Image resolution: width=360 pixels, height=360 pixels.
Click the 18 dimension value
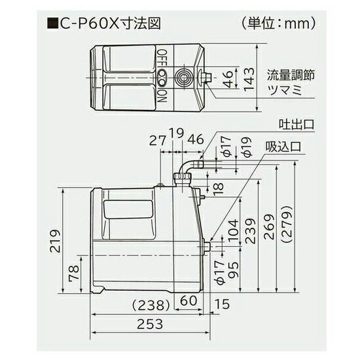click(217, 189)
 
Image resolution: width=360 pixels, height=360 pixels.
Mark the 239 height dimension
click(249, 227)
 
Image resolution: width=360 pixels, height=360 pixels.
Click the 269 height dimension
click(269, 227)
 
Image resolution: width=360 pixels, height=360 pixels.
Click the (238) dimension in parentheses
click(152, 304)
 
